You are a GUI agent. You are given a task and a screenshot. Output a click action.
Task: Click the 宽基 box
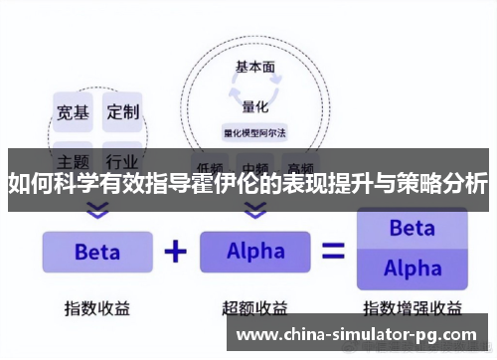[71, 110]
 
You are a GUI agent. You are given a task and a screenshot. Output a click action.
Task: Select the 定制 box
[123, 110]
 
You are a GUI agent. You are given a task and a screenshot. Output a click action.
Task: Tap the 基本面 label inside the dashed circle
[254, 68]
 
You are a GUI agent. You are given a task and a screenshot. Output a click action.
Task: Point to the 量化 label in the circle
[255, 105]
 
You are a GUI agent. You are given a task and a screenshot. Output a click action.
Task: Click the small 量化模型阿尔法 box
[254, 130]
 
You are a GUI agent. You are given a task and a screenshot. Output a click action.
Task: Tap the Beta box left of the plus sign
[96, 252]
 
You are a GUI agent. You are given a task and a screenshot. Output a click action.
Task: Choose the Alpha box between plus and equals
[254, 252]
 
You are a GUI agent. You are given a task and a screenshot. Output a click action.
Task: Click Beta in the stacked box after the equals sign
[412, 229]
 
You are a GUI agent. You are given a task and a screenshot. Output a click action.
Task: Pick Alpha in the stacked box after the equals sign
[412, 269]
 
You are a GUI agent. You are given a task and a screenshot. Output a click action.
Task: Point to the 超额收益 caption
[254, 307]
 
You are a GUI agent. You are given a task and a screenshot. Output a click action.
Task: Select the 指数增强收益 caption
[412, 307]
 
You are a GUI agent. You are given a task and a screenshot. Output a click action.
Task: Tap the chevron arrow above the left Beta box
[96, 210]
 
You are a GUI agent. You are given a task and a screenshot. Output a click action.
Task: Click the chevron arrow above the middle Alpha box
[255, 210]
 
